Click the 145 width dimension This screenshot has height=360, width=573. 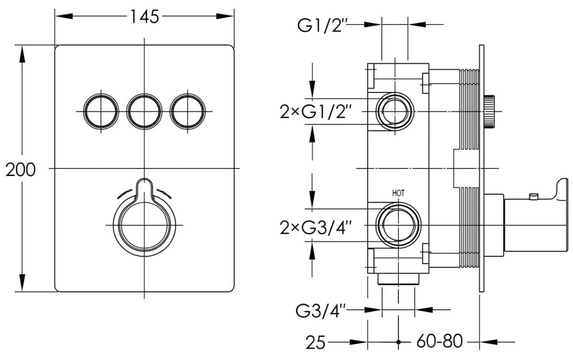[x=145, y=17]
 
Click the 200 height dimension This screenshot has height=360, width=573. [x=21, y=170]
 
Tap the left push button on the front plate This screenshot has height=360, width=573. [x=101, y=112]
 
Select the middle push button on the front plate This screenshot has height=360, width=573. [x=144, y=112]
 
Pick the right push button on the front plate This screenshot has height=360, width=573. [x=188, y=112]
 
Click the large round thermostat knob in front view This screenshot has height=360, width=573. [x=144, y=225]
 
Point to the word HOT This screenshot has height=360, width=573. [x=399, y=193]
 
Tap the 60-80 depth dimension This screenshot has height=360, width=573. [x=440, y=341]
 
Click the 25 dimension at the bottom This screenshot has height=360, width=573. [x=315, y=343]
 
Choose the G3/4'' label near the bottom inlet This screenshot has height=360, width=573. [x=321, y=311]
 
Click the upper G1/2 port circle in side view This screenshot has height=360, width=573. [x=395, y=112]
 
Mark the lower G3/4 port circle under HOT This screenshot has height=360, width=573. [x=398, y=225]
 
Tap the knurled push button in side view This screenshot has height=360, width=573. [x=489, y=111]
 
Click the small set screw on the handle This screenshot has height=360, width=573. [x=534, y=196]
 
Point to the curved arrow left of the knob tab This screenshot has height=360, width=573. [x=124, y=194]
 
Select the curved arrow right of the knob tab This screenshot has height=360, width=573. [x=164, y=194]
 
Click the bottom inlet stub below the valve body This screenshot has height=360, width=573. [x=398, y=279]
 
